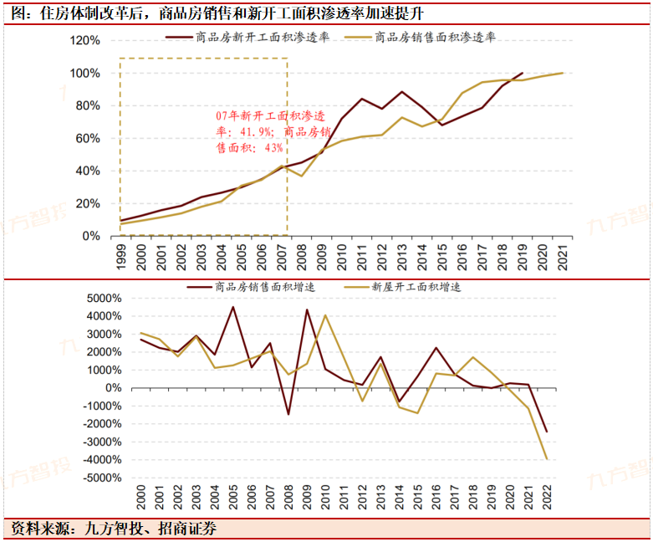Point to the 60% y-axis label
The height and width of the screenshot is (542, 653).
click(87, 138)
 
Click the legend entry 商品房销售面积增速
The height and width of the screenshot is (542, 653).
click(251, 286)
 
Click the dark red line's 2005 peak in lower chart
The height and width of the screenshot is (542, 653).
click(233, 307)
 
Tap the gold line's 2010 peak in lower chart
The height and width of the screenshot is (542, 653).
click(325, 315)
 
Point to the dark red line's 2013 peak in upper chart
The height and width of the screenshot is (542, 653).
click(402, 92)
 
